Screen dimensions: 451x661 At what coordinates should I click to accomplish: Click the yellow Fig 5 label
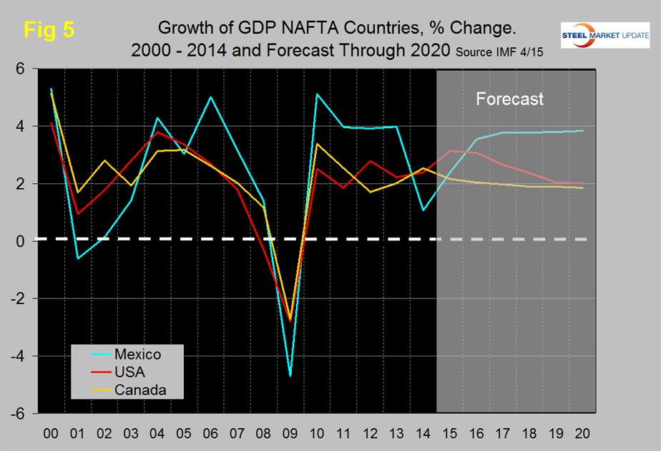(x=49, y=30)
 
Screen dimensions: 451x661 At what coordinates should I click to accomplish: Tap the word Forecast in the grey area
(x=510, y=99)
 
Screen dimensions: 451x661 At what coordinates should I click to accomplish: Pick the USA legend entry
(x=129, y=372)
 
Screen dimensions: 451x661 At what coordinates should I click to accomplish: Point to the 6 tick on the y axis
(x=20, y=69)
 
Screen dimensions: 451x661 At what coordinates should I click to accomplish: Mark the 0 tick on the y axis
(x=20, y=241)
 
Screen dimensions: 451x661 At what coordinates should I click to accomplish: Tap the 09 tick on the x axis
(x=290, y=435)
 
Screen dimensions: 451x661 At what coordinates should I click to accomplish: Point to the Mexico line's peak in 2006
(x=210, y=97)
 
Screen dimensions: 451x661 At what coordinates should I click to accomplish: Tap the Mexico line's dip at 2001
(x=77, y=258)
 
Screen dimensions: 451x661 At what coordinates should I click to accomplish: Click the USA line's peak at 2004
(x=157, y=132)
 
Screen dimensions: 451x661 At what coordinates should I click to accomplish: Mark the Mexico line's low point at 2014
(x=423, y=210)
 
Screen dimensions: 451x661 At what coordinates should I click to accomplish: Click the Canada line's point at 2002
(x=104, y=160)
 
